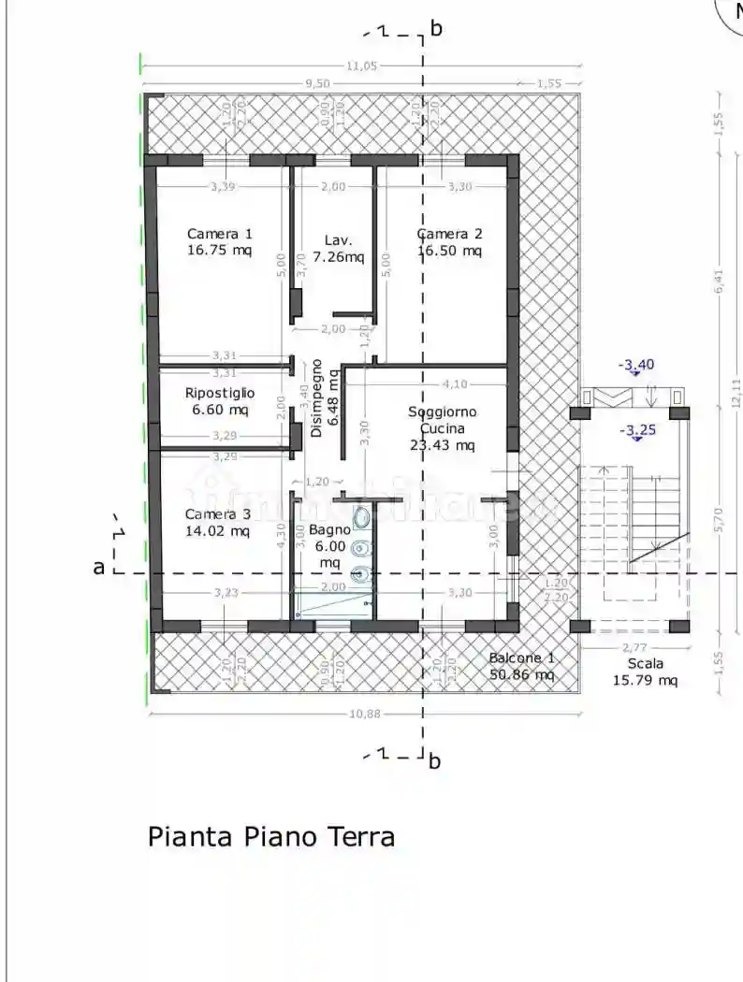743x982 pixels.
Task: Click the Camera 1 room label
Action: coord(220,234)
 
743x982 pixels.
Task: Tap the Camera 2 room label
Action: coord(450,234)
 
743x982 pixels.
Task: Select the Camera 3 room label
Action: coord(218,514)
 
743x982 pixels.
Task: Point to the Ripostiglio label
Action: coord(220,393)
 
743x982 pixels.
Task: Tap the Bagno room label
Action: coord(330,530)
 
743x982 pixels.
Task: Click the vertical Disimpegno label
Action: coord(316,397)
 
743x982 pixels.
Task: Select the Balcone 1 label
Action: coord(522,657)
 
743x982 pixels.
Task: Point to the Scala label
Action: coord(644,663)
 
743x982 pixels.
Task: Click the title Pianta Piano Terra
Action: coord(271,836)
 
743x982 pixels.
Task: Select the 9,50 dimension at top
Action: coord(317,83)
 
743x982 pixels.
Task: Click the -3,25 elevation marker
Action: coord(638,431)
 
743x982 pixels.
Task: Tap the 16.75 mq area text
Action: coord(220,251)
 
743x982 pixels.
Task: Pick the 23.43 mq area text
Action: coord(443,445)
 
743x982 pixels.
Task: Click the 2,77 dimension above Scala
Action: coord(635,647)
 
